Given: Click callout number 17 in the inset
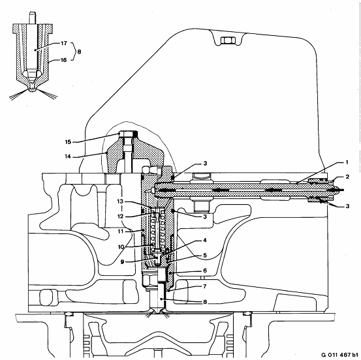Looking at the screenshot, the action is [x=64, y=43].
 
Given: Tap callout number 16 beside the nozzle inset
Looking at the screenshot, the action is [x=64, y=60].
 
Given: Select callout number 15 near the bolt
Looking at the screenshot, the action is [x=68, y=142].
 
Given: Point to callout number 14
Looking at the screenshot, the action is [x=68, y=157].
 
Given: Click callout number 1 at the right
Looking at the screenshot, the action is [x=347, y=162].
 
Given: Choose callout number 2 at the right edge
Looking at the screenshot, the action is [x=347, y=177].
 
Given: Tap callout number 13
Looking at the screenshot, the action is [x=120, y=202].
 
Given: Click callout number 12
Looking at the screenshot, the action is [x=120, y=217].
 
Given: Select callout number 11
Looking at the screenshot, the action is [x=121, y=232].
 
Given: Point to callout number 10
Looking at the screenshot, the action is [x=121, y=247].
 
